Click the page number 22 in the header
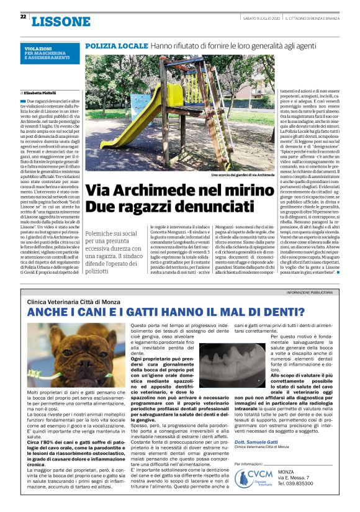[x=23, y=17]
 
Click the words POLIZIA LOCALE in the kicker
[x=107, y=47]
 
